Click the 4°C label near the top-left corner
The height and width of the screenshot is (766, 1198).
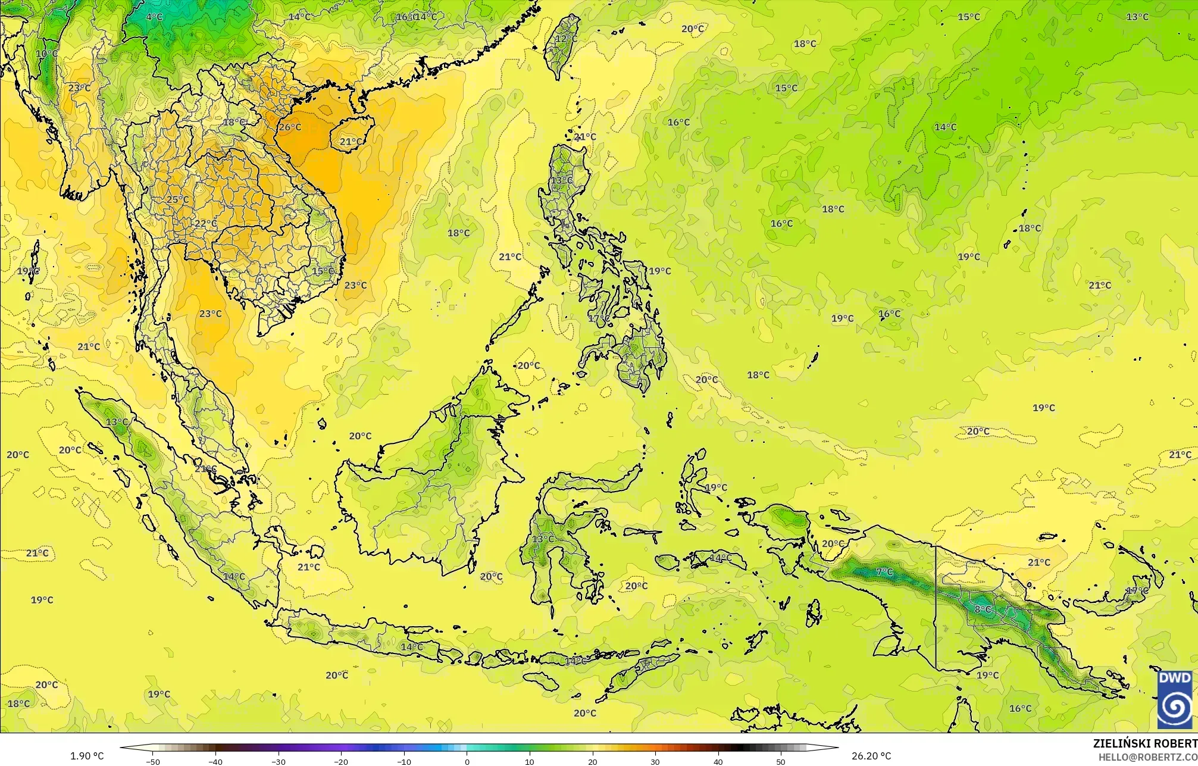point(154,17)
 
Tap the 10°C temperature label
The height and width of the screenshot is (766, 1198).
point(47,54)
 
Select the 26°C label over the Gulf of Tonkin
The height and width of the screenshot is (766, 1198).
point(290,127)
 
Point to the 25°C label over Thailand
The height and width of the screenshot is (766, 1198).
point(177,199)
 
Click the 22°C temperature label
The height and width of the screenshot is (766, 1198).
point(206,224)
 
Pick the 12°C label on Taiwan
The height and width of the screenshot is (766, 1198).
point(566,39)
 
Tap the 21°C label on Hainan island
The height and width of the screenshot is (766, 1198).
point(351,142)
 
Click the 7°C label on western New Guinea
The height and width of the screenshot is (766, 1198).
point(884,572)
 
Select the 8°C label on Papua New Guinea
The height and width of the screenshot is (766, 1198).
point(983,609)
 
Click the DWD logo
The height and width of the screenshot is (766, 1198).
point(1175,700)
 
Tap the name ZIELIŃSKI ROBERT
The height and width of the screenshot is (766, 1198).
point(1145,743)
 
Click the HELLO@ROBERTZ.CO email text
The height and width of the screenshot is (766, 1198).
point(1147,756)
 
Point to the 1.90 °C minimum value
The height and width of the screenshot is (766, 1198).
point(87,756)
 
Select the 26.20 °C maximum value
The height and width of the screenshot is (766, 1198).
point(871,756)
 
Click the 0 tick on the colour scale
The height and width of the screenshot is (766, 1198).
point(467,761)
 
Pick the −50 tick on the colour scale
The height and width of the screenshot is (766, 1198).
point(153,761)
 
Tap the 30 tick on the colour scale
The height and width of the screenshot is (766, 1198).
point(655,761)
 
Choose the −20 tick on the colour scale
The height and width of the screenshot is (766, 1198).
point(341,761)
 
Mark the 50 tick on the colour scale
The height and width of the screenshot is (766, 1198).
point(781,761)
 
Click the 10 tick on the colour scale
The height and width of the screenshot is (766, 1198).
point(530,761)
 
